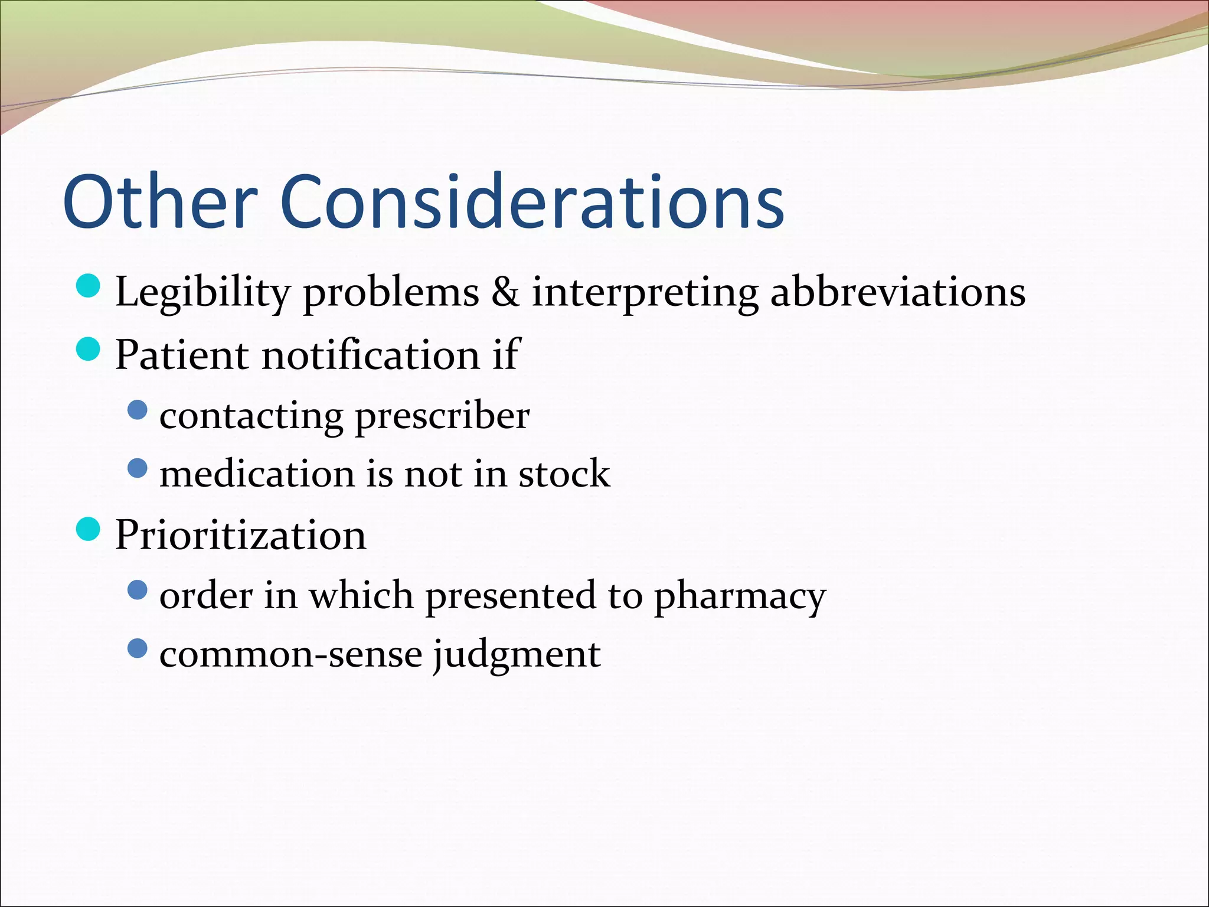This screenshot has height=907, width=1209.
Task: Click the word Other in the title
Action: pyautogui.click(x=160, y=202)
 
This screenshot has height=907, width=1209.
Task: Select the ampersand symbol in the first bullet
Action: pyautogui.click(x=505, y=292)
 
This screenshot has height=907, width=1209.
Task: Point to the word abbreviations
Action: pyautogui.click(x=898, y=292)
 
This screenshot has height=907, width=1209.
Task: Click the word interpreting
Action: pyautogui.click(x=645, y=293)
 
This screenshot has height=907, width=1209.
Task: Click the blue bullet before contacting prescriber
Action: pyautogui.click(x=137, y=410)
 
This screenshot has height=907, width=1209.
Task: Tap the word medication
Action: pyautogui.click(x=257, y=474)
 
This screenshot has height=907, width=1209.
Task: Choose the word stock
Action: pyautogui.click(x=564, y=474)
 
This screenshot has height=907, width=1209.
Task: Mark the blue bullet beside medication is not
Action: pyautogui.click(x=137, y=469)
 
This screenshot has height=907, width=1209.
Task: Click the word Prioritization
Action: pyautogui.click(x=240, y=535)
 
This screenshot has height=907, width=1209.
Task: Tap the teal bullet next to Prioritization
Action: pyautogui.click(x=89, y=528)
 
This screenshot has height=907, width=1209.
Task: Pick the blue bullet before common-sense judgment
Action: pyautogui.click(x=137, y=648)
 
